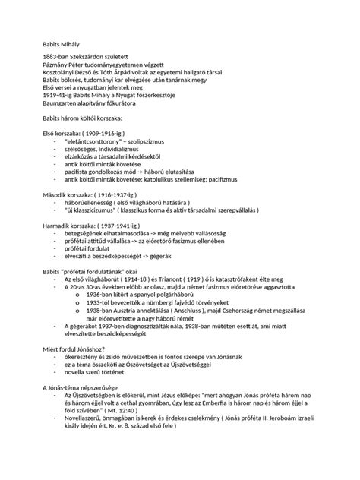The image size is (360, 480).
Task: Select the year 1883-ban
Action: point(58,58)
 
